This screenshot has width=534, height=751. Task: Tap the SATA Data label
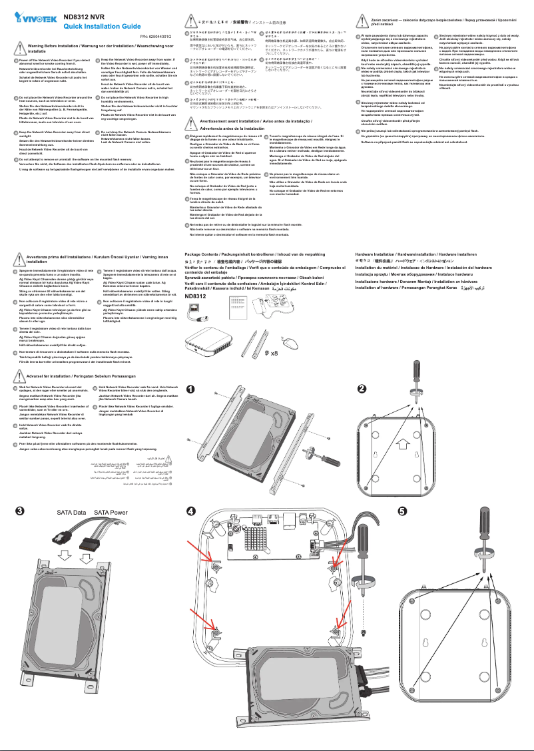point(53,513)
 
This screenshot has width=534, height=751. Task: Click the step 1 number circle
point(190,389)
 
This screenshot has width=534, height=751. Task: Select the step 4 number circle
point(190,512)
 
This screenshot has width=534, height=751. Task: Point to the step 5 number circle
point(401,512)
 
